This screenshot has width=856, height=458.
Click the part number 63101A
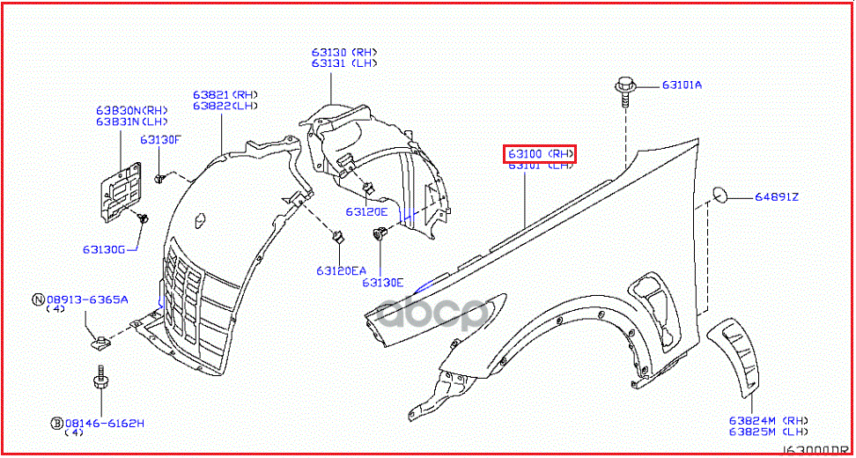[x=683, y=85]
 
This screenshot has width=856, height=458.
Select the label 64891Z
[x=776, y=196]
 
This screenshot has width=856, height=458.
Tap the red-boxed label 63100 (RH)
[x=540, y=154]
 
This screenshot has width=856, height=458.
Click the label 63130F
[x=159, y=139]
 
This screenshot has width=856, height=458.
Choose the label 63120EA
[x=341, y=270]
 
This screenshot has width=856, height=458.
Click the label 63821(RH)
[x=225, y=94]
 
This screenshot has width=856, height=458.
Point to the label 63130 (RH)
[x=343, y=51]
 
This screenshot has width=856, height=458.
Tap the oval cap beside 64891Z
[x=718, y=195]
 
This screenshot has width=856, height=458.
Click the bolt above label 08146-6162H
[x=99, y=385]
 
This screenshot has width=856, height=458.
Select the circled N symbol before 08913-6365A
[x=38, y=299]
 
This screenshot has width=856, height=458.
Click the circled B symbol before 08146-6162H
[x=55, y=424]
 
